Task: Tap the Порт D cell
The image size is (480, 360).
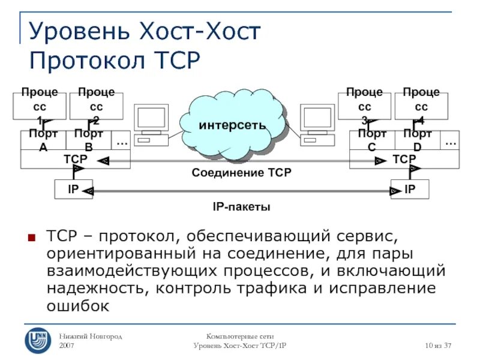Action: click(x=417, y=140)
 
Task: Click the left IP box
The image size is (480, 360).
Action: click(x=73, y=190)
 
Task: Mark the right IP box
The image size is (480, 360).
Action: click(x=410, y=190)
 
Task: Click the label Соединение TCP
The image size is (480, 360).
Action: click(x=241, y=173)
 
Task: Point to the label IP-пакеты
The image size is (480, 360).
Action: click(x=241, y=207)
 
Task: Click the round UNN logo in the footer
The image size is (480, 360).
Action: click(x=38, y=339)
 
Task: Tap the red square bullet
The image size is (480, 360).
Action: click(x=32, y=235)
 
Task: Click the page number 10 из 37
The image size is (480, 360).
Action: click(x=437, y=346)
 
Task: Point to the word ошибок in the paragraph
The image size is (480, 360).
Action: click(x=78, y=306)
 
